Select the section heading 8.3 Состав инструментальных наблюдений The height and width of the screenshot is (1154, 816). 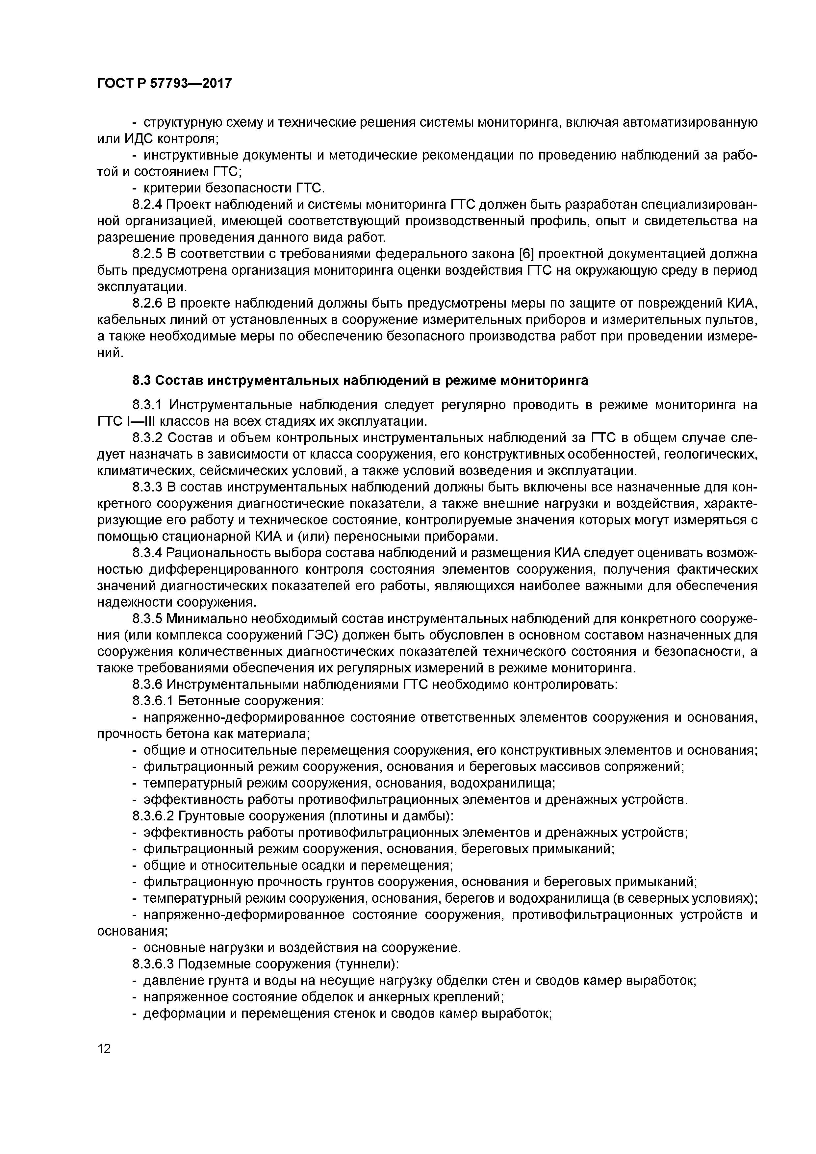click(x=360, y=381)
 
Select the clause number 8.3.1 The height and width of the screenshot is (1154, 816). click(x=147, y=405)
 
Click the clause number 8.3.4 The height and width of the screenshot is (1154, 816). click(x=147, y=553)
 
